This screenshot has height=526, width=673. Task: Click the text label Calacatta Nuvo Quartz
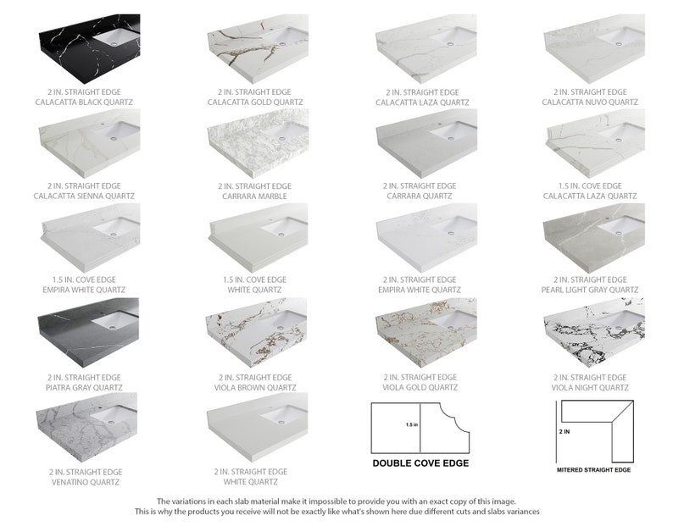coord(591,102)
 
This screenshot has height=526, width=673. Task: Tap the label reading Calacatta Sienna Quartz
coord(85,197)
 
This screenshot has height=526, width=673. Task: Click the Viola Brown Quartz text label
coord(254,388)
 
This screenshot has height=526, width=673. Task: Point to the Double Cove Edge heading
coord(420,463)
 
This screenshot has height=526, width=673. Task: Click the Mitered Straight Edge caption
coord(593,469)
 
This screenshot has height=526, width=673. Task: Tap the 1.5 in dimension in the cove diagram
coord(411,424)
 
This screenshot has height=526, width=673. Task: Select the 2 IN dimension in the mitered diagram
coord(565,431)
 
